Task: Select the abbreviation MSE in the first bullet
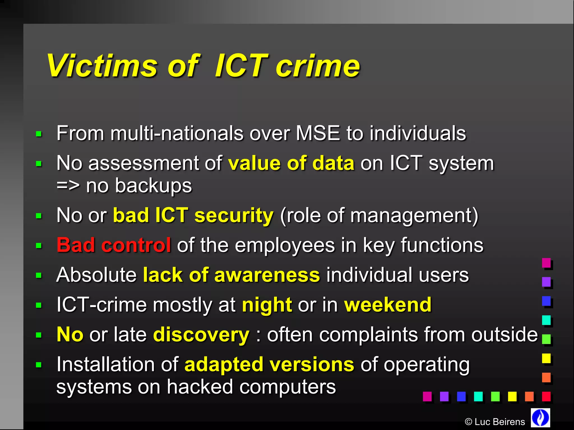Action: (318, 133)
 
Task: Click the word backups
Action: (153, 186)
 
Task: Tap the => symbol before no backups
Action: (68, 186)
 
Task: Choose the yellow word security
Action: (234, 216)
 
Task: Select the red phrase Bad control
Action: (114, 245)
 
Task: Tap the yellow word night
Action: (267, 305)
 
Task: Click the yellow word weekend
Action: (388, 305)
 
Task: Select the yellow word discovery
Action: (201, 335)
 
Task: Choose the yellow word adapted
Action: (224, 365)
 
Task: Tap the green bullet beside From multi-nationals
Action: (39, 134)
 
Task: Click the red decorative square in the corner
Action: (546, 396)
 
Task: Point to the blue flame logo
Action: (540, 417)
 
